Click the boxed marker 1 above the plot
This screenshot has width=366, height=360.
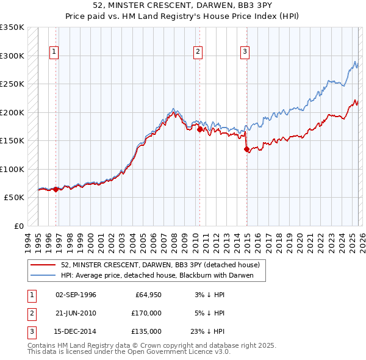54,52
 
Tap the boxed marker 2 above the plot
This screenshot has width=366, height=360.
198,52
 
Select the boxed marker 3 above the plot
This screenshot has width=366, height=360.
245,52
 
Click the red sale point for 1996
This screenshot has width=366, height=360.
56,189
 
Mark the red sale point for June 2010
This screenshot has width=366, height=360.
199,129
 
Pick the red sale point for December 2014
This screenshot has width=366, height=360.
246,149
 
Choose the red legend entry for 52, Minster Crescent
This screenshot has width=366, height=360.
160,265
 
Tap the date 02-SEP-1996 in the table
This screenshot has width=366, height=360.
76,295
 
